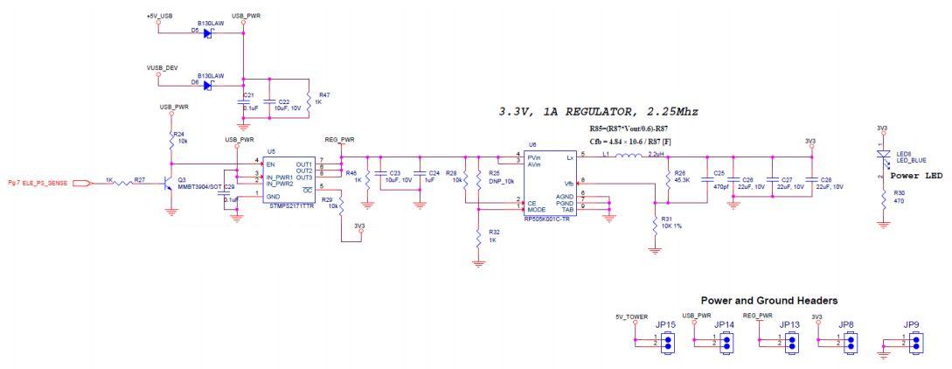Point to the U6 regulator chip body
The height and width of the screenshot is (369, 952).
click(x=549, y=182)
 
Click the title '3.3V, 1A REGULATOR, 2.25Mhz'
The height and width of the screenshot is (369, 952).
click(x=598, y=112)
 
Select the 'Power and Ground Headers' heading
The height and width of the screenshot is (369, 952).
click(x=769, y=300)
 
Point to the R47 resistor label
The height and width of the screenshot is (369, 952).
click(x=324, y=98)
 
